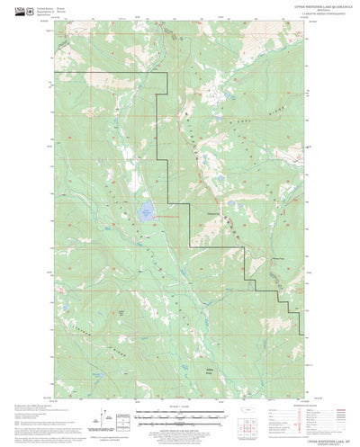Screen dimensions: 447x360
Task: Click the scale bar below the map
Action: click(180, 416)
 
